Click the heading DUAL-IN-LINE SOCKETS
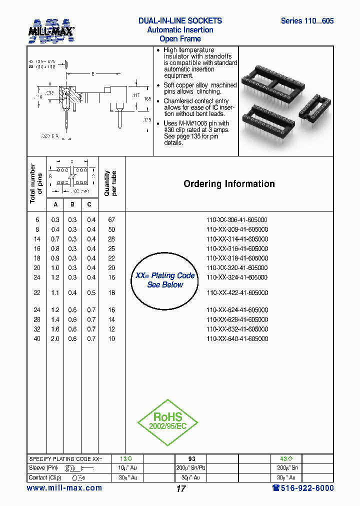tap(180, 21)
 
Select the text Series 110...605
tap(307, 21)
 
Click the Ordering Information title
tap(229, 184)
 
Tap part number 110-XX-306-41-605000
tap(237, 220)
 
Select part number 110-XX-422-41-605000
tap(237, 293)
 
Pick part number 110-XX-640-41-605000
tap(237, 339)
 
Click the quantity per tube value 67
tap(111, 220)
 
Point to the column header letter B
tap(72, 204)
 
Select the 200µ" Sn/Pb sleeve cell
tap(191, 468)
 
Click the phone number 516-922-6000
tap(303, 488)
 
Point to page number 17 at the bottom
tap(181, 489)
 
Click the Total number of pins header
tap(36, 183)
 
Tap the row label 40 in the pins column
tap(37, 339)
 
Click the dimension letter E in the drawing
tap(92, 74)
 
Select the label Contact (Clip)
tap(45, 477)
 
